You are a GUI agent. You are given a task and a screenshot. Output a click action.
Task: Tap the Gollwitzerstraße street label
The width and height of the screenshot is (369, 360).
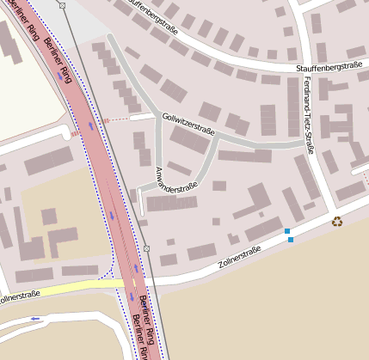pos(187,123)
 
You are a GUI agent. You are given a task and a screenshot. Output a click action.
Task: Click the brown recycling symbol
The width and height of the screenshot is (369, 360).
pos(337,222)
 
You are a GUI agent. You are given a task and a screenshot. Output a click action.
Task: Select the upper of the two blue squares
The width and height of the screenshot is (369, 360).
pos(287,231)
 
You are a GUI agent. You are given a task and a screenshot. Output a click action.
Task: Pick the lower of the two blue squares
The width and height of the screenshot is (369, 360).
pos(291,240)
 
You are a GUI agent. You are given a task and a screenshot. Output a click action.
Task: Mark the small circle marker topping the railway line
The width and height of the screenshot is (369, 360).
pos(63,5)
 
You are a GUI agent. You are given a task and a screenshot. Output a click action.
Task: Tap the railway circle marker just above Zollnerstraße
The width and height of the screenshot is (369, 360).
pos(146,248)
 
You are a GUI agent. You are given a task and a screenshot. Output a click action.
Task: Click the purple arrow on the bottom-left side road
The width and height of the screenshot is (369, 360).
pos(35,319)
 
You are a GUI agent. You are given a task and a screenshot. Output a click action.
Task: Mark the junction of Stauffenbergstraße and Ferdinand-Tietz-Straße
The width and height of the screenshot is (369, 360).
pos(301,72)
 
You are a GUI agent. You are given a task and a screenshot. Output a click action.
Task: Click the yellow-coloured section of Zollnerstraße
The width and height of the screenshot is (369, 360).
pos(69,289)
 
